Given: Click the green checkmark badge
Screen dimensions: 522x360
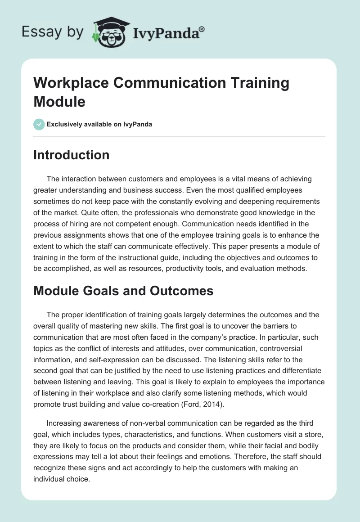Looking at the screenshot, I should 39,124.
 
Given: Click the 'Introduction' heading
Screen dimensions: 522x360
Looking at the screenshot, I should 71,155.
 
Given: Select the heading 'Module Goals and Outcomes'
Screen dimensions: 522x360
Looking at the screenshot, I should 123,290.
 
